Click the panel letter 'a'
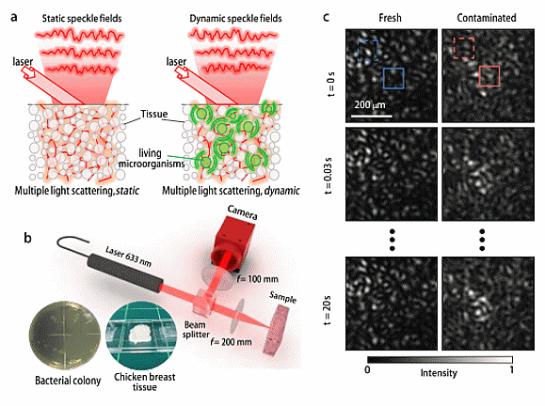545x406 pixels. tap(14, 17)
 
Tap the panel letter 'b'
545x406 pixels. tap(27, 238)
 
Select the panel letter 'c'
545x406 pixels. tap(326, 17)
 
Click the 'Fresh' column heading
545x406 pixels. tap(390, 18)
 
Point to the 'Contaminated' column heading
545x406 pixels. tap(487, 18)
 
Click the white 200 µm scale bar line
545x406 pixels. tap(372, 116)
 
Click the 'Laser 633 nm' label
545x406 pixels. tap(128, 257)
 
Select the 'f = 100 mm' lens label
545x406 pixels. tap(258, 278)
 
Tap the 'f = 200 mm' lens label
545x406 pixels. tap(231, 342)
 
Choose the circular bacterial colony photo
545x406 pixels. tap(65, 336)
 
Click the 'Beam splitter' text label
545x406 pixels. tap(196, 330)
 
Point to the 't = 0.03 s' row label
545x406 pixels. tap(328, 175)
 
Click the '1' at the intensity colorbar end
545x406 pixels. tap(512, 369)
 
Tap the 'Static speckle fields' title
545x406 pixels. tap(82, 19)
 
